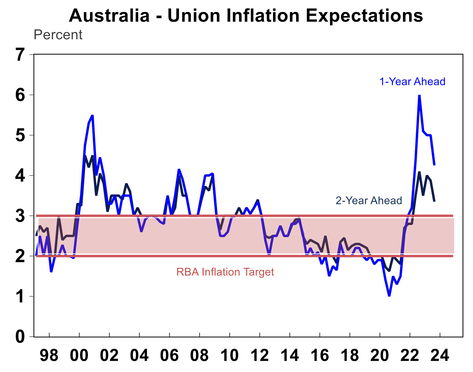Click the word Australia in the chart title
[109, 16]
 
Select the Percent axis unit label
[58, 35]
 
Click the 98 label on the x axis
[49, 355]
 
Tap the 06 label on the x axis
[169, 355]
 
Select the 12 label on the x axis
[260, 355]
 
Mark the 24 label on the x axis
[440, 355]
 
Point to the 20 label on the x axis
[380, 355]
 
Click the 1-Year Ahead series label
[412, 82]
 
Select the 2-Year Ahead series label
[369, 200]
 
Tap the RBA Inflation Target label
[225, 272]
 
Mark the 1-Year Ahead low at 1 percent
[389, 296]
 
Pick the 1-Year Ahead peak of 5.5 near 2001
[92, 115]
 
